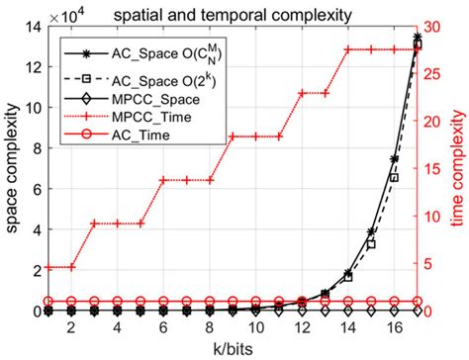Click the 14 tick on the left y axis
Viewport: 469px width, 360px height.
click(x=33, y=29)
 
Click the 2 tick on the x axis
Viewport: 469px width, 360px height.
click(x=70, y=327)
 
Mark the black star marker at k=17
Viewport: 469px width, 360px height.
click(x=417, y=38)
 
